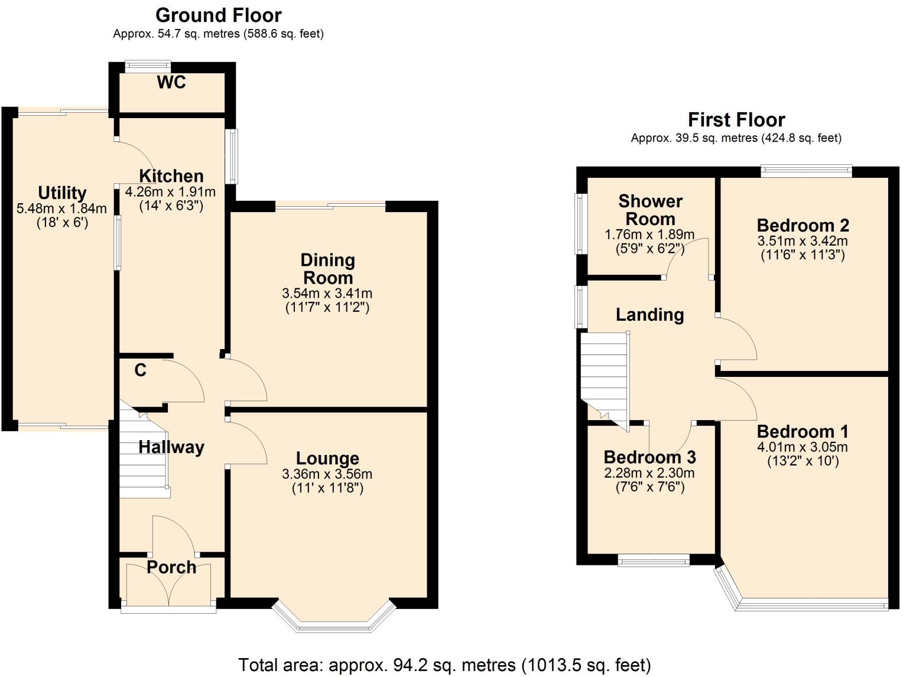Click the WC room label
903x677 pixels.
click(171, 83)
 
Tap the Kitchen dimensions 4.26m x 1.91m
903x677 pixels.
click(171, 192)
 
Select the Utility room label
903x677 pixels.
click(62, 193)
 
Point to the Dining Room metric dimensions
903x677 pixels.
click(327, 294)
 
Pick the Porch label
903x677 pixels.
click(171, 568)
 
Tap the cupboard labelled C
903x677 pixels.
click(140, 370)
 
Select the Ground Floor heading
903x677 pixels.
click(218, 15)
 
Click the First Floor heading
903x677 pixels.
click(736, 120)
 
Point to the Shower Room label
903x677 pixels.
click(650, 210)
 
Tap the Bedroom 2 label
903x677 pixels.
click(803, 226)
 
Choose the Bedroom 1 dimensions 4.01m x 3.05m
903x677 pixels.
click(803, 447)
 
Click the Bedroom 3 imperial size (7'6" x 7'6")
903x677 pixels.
click(650, 487)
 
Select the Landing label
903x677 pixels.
click(649, 315)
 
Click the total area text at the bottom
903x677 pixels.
click(444, 665)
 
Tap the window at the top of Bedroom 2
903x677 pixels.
click(806, 171)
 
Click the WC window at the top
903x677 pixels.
click(148, 67)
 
